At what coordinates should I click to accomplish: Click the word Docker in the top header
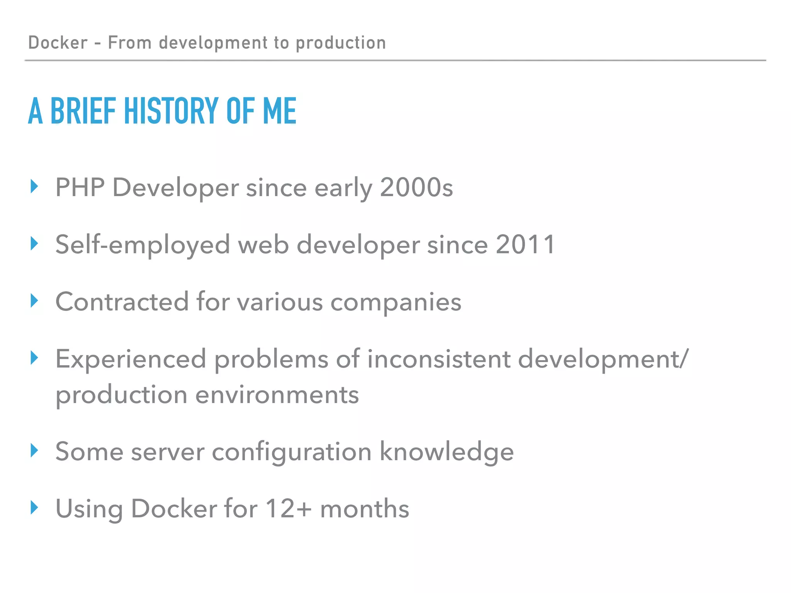click(58, 42)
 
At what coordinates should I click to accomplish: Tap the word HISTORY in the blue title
click(171, 111)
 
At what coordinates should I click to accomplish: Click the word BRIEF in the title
click(83, 111)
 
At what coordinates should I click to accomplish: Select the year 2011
click(525, 244)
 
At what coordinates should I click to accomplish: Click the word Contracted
click(122, 302)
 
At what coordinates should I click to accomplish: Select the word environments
click(277, 395)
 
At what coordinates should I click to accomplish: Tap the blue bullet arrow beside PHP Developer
click(35, 186)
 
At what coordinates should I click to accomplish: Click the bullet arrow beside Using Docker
click(35, 508)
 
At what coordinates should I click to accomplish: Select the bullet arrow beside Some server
click(35, 450)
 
